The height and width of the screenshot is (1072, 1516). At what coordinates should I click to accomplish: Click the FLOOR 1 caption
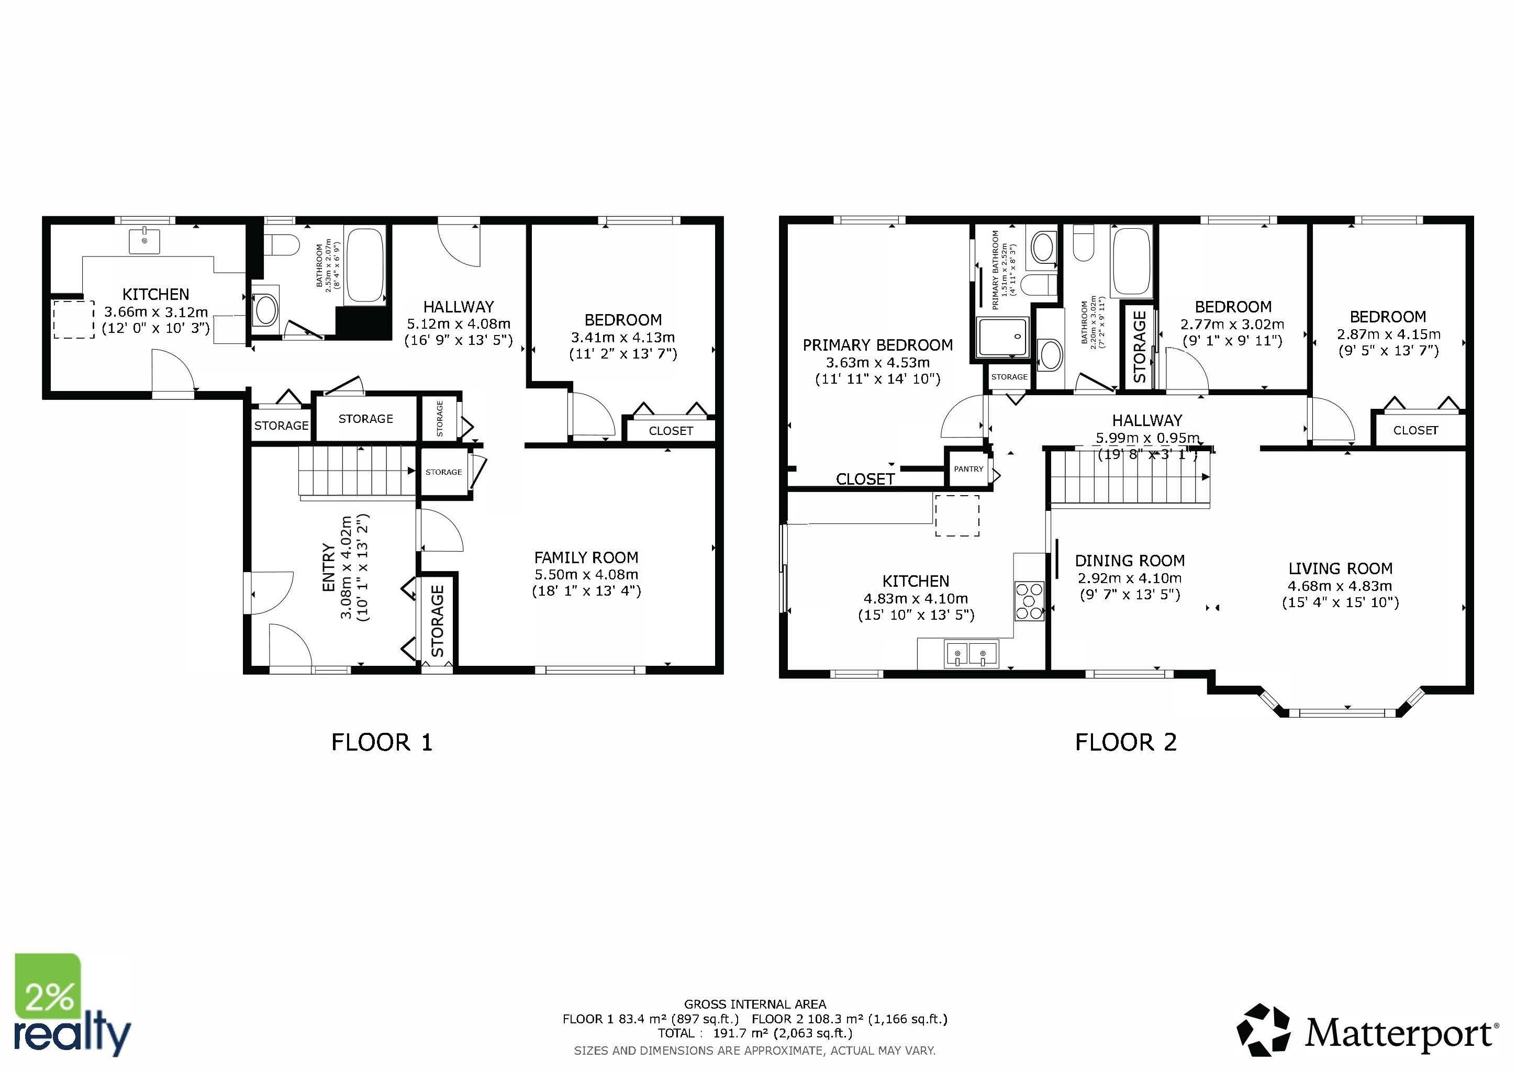[x=382, y=743]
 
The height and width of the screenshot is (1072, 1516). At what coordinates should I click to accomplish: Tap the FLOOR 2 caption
[x=1126, y=743]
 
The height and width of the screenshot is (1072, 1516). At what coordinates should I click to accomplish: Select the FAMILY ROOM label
[x=586, y=558]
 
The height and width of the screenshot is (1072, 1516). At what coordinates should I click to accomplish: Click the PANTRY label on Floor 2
[x=968, y=470]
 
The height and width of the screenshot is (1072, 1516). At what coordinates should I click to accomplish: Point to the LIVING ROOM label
[x=1340, y=568]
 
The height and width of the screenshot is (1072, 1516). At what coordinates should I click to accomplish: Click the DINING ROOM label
[x=1130, y=561]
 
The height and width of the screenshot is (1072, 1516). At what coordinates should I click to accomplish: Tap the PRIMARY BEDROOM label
[x=877, y=345]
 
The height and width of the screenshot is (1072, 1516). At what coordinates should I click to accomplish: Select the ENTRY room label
[x=328, y=568]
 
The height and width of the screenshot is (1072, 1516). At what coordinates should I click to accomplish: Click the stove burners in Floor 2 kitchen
[x=1029, y=601]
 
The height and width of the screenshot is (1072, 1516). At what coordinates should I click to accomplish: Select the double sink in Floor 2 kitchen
[x=971, y=654]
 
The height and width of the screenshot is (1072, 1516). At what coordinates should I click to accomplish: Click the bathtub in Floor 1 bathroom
[x=364, y=266]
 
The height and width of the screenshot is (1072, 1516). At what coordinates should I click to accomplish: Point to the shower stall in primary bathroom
[x=1003, y=337]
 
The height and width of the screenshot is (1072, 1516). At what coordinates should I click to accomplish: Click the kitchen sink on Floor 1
[x=144, y=241]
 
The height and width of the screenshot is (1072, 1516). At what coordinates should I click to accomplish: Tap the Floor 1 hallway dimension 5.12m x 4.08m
[x=458, y=324]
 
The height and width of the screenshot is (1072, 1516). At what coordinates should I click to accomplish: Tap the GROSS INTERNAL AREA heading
[x=755, y=1004]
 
